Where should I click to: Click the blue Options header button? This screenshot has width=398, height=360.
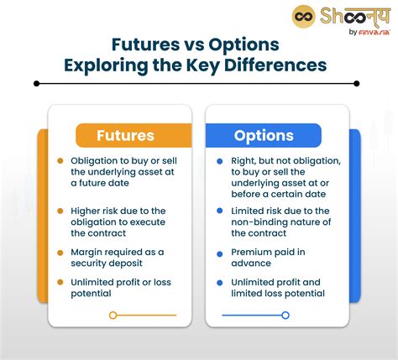coord(263,136)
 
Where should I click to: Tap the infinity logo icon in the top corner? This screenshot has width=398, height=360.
coord(304,16)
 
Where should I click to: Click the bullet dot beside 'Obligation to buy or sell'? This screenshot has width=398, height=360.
coord(60,161)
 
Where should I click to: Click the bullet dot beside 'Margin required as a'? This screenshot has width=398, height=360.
coord(60,253)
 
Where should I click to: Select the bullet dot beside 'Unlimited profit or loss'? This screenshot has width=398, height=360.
coord(60,283)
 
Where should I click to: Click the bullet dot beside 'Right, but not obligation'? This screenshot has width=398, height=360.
coord(220,161)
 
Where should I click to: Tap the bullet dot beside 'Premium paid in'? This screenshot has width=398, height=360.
coord(220,253)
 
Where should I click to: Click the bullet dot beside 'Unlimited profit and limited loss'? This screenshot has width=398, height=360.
coord(220,283)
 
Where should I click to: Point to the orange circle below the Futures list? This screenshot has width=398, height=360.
coord(113,316)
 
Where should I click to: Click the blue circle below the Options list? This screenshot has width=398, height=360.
coord(285,316)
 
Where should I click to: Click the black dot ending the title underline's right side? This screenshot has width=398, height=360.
coord(357,83)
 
